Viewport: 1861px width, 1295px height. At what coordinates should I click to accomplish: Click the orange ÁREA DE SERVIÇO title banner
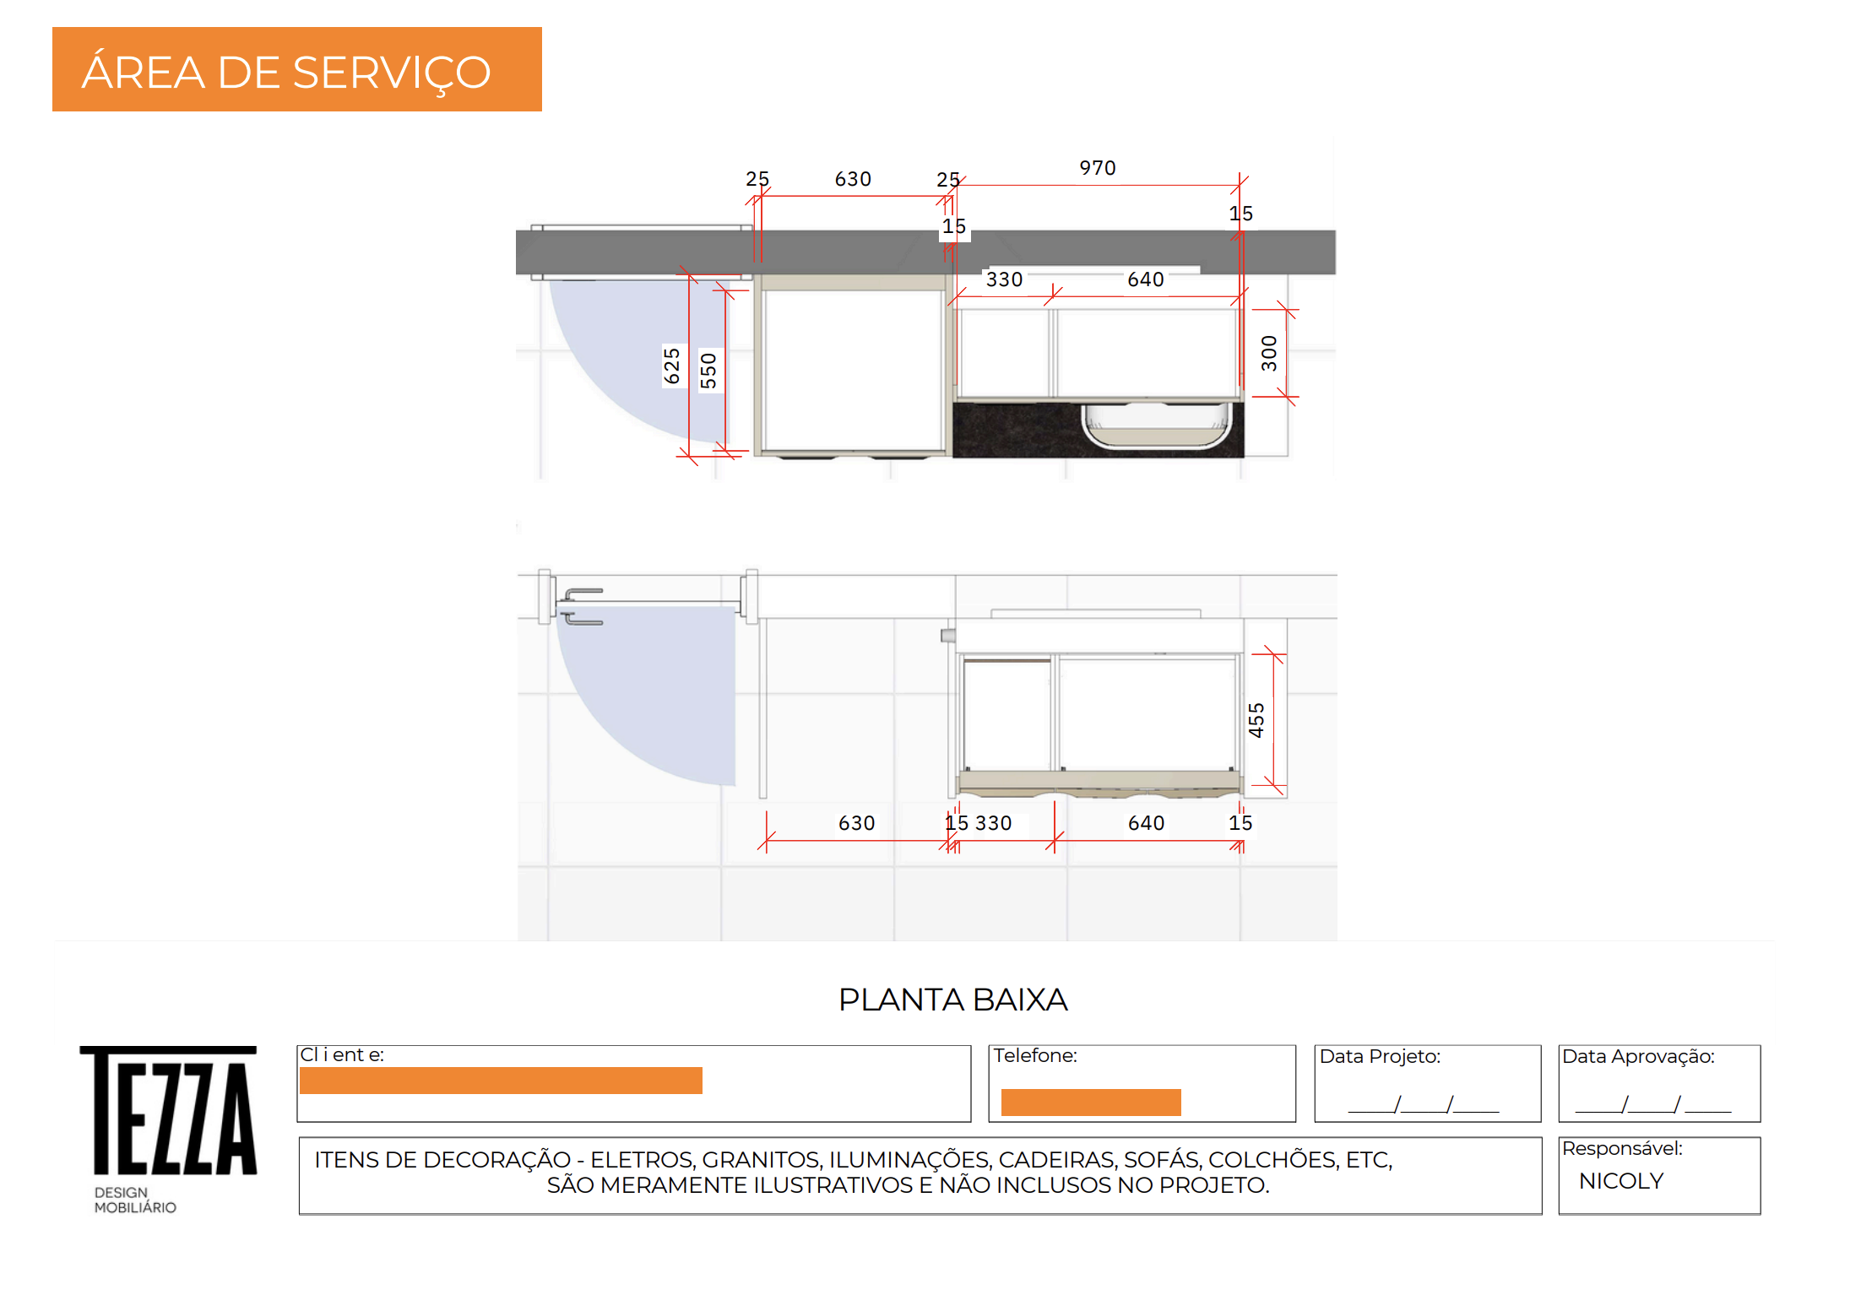coord(297,69)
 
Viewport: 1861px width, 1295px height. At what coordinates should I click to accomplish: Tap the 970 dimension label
coord(1098,168)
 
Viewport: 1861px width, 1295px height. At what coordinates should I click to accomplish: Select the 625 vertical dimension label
coord(672,366)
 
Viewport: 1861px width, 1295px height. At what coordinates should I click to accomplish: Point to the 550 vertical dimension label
coord(708,371)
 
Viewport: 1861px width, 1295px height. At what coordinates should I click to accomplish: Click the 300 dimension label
coord(1269,353)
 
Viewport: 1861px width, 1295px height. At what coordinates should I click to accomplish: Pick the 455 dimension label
coord(1256,720)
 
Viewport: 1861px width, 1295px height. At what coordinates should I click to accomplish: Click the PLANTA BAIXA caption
coord(953,1000)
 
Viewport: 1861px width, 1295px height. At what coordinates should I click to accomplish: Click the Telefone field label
coord(1035,1055)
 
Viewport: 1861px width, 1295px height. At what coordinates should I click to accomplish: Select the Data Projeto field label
coord(1380,1056)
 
